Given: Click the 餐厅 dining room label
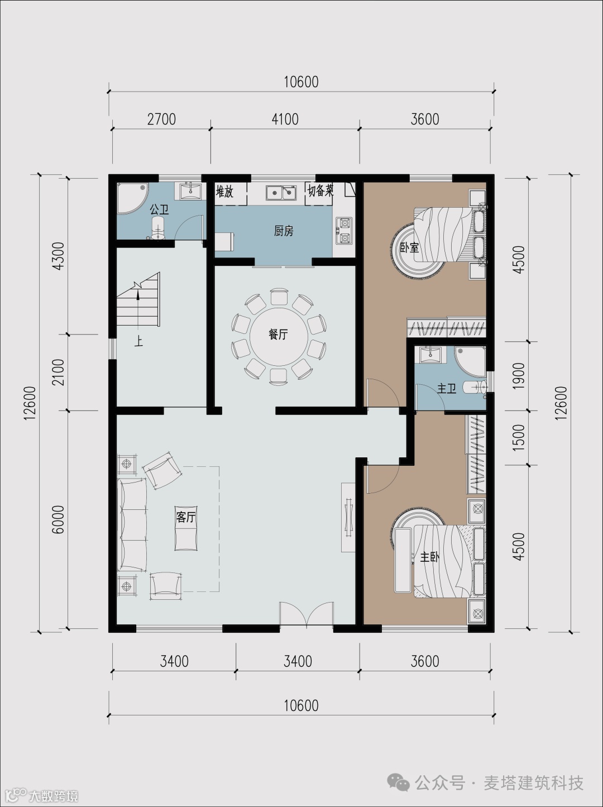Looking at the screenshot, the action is click(x=278, y=335).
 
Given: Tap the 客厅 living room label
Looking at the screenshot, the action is click(x=186, y=517).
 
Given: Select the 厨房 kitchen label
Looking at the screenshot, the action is click(x=284, y=231).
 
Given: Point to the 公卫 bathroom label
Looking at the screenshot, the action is click(x=159, y=210).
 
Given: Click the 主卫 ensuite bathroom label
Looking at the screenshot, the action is click(x=447, y=388).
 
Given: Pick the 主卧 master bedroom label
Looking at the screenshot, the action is click(x=429, y=557).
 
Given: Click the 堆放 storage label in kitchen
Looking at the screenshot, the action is click(x=224, y=192).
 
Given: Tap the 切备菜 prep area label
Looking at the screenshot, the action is click(x=320, y=191).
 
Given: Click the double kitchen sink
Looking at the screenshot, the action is click(x=281, y=192).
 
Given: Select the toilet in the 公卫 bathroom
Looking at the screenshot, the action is click(x=158, y=228).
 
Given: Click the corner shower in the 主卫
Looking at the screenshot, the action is click(x=471, y=361).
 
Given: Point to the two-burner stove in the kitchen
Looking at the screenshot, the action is click(x=344, y=231).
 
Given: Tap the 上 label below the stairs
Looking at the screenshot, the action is click(x=138, y=342).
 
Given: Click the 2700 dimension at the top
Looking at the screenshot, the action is click(x=161, y=120).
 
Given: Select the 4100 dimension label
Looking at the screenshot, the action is click(x=285, y=120).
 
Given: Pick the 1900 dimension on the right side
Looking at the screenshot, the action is click(x=519, y=376).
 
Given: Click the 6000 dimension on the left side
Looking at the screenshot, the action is click(x=58, y=519).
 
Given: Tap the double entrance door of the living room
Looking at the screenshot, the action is click(x=307, y=612).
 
